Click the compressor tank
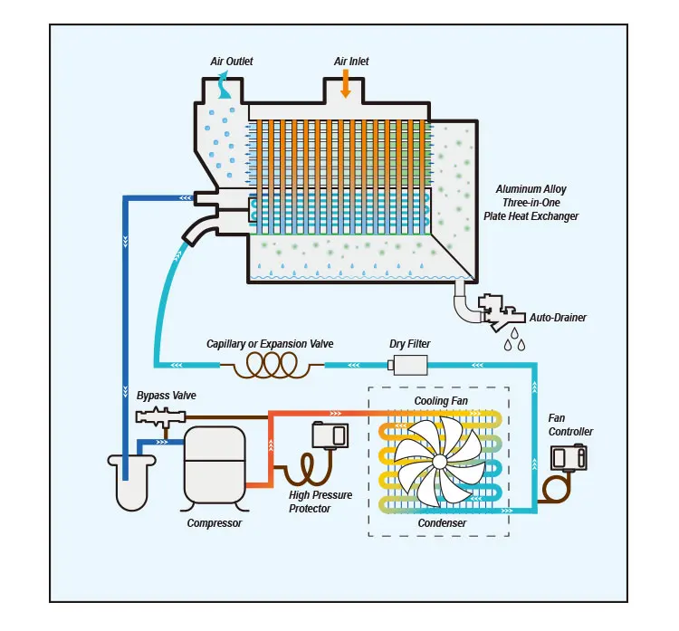click(x=214, y=462)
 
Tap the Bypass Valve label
click(x=166, y=397)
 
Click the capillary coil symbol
click(x=271, y=365)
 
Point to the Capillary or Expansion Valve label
click(x=270, y=344)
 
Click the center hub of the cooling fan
click(x=439, y=461)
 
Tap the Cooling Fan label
click(x=441, y=400)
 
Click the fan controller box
click(x=569, y=459)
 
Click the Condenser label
click(x=442, y=523)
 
